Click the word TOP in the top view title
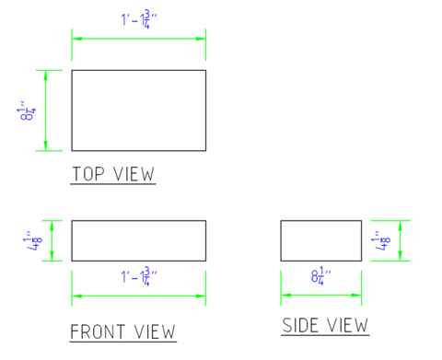[x=88, y=174]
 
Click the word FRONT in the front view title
[x=98, y=331]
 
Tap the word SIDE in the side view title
[x=300, y=325]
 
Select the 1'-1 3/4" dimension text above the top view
[x=139, y=19]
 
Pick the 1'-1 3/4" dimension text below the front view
[x=139, y=276]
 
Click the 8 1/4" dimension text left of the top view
[x=26, y=110]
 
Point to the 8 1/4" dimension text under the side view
[x=321, y=275]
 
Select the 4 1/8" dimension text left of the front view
[x=33, y=240]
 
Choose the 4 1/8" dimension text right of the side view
[x=381, y=240]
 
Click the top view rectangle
[x=139, y=70]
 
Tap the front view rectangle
[x=139, y=221]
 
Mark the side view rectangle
[x=321, y=221]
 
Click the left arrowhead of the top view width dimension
[x=77, y=39]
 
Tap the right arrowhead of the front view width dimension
[x=201, y=296]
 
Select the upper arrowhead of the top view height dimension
[x=46, y=75]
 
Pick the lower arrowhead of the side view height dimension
[x=400, y=256]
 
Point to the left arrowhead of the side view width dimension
[x=286, y=295]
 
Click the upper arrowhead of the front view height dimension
[x=52, y=226]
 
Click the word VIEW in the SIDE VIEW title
[x=347, y=325]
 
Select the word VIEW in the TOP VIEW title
[x=134, y=174]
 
